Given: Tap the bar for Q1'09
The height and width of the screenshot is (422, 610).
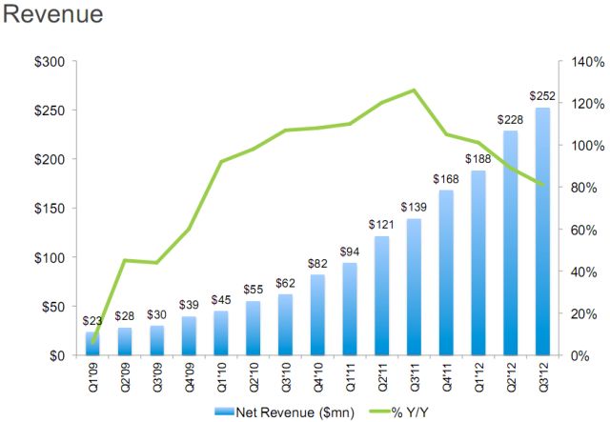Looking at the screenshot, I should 91,344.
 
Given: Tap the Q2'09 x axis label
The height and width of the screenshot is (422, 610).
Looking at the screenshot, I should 123,376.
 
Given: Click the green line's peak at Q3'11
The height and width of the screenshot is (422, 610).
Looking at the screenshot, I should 413,90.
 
